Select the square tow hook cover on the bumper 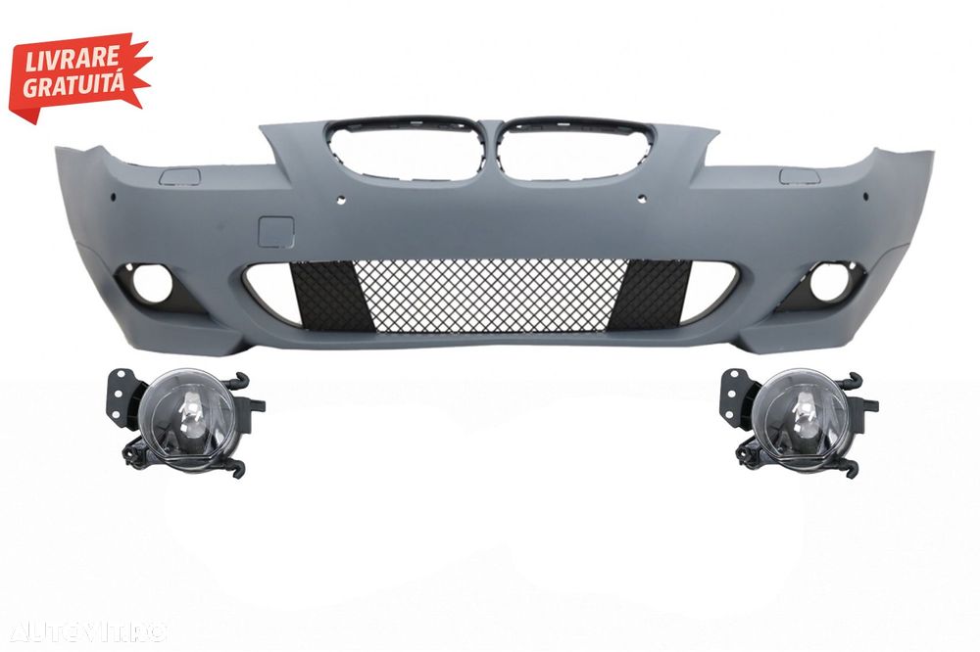(274, 231)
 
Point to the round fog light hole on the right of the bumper (821, 285)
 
